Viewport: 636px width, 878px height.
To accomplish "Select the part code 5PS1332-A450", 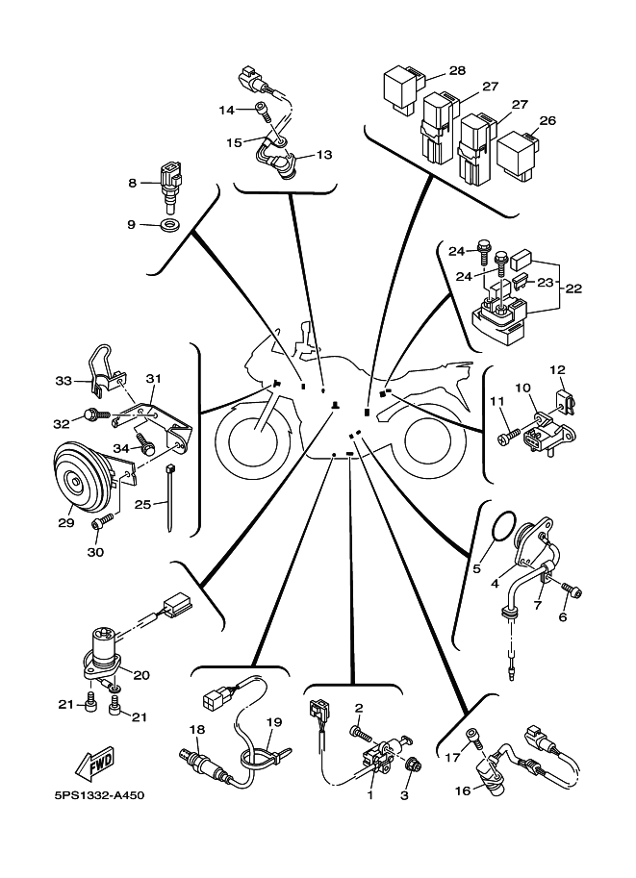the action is (x=98, y=795).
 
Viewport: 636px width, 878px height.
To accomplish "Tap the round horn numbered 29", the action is (x=83, y=479).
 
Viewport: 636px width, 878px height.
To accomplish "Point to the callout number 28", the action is (x=457, y=70).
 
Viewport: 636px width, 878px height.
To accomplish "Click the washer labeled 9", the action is (x=167, y=226).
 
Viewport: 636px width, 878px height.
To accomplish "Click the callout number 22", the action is (x=573, y=288).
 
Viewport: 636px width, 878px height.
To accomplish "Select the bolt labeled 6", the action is (x=572, y=590).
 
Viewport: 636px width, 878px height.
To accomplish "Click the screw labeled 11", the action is (x=509, y=437).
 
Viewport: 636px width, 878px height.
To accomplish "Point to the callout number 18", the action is (x=197, y=730).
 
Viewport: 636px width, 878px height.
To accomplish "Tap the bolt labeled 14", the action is (x=263, y=111).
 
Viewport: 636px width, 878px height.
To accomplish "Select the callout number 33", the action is (x=64, y=381).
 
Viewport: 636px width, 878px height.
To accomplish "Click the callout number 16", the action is (x=463, y=790).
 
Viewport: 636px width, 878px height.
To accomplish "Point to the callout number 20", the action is (x=141, y=675).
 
